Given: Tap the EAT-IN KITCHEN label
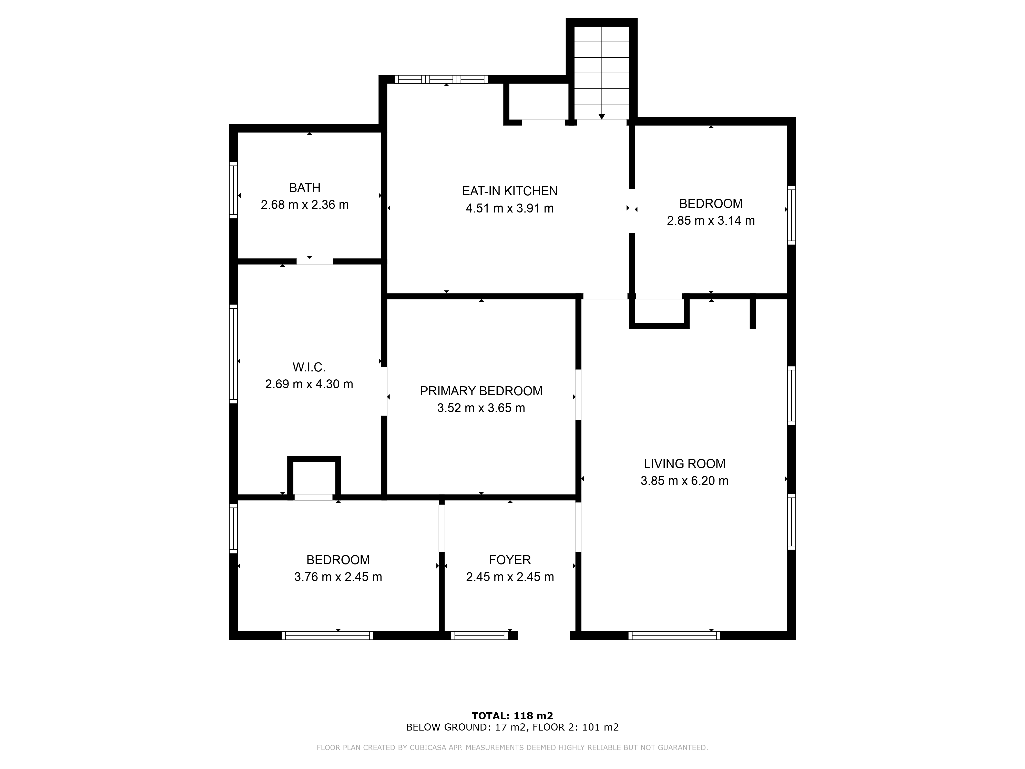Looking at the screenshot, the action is pos(510,191).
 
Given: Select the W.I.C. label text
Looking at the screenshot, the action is pos(309,367).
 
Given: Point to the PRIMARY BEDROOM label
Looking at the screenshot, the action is pos(481,391).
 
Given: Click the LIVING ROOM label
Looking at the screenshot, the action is pos(684,463).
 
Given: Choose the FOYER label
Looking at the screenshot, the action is pos(510,560).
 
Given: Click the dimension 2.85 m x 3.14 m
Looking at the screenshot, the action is pos(711,221).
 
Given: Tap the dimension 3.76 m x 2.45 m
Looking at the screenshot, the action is pos(338,577).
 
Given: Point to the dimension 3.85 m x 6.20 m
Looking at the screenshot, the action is pos(684,481).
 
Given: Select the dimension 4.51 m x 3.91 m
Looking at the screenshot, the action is pos(510,208).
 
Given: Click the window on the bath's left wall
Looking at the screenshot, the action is pos(233,190).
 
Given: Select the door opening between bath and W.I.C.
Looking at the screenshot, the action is pos(315,261).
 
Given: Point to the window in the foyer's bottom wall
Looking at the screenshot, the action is pos(480,635).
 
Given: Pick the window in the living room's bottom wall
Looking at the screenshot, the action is pos(674,635).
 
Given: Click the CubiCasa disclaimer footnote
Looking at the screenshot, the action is pos(512,747).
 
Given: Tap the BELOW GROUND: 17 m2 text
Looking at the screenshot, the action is pos(467,727).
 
